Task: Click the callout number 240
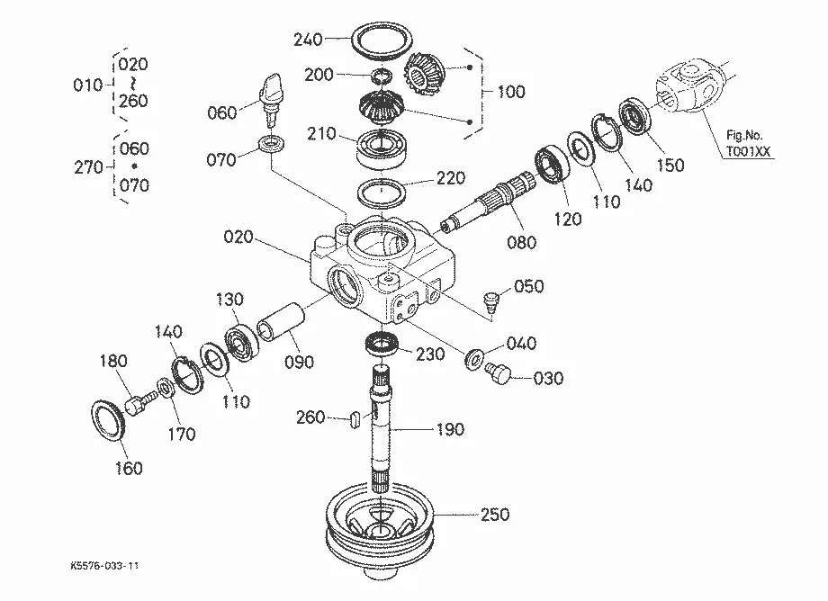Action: point(308,39)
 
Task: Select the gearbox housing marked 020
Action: point(382,268)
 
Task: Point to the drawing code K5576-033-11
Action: point(104,566)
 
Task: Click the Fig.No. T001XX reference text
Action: point(747,144)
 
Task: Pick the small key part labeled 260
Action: point(355,420)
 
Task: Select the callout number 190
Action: point(450,429)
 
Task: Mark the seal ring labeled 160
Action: point(109,421)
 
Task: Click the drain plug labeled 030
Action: point(498,373)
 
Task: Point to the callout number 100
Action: point(511,92)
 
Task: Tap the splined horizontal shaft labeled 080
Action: point(490,201)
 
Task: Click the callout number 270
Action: point(88,167)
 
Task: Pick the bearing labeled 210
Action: point(380,149)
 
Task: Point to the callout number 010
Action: point(87,85)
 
